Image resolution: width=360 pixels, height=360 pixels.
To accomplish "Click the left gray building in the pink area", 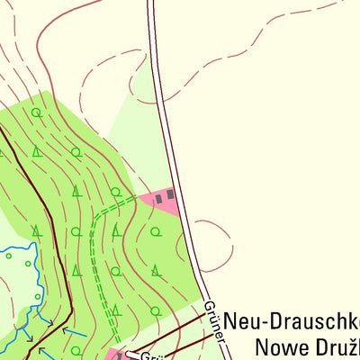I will tap(160, 197).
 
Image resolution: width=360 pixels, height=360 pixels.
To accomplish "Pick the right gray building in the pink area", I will tap(170, 194).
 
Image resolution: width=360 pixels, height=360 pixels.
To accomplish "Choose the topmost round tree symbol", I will tap(36, 112).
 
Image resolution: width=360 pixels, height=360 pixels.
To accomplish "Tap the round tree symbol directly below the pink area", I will tap(155, 231).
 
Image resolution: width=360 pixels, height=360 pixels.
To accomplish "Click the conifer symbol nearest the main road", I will tap(156, 269).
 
